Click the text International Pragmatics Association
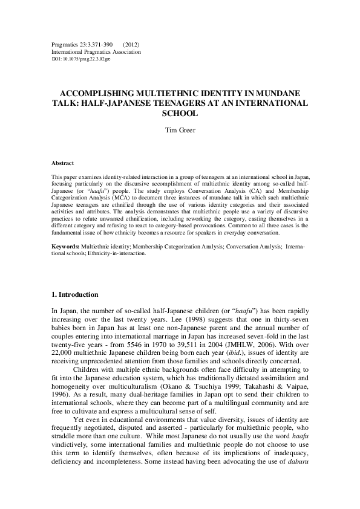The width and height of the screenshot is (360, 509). [96, 52]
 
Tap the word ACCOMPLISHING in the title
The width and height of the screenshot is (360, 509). [97, 94]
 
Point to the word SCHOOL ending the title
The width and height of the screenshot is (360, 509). [180, 113]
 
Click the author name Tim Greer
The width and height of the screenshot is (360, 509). [180, 129]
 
